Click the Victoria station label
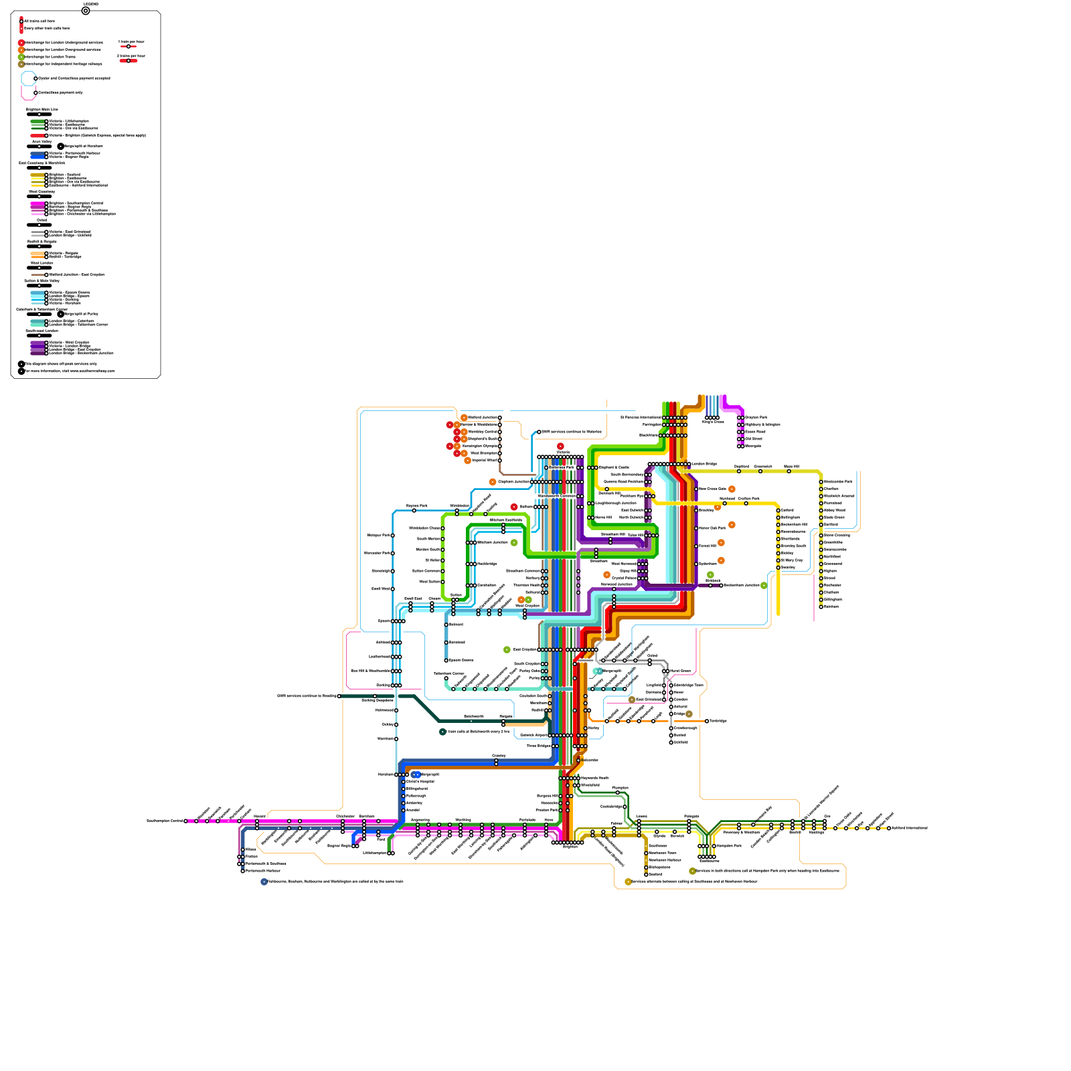coord(562,452)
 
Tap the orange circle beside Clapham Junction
coord(493,482)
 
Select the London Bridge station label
coord(704,464)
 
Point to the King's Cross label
coord(713,422)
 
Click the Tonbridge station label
coord(718,721)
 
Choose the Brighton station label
coord(570,847)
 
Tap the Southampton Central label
coord(164,821)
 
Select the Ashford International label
coord(909,828)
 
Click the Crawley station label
coord(499,756)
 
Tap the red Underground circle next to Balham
coord(514,507)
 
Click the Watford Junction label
coord(483,418)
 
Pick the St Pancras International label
coord(641,418)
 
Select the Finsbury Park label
coord(756,418)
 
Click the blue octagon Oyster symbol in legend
coord(27,78)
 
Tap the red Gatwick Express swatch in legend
coord(37,136)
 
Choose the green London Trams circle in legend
coord(21,57)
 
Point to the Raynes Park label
coord(416,506)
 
